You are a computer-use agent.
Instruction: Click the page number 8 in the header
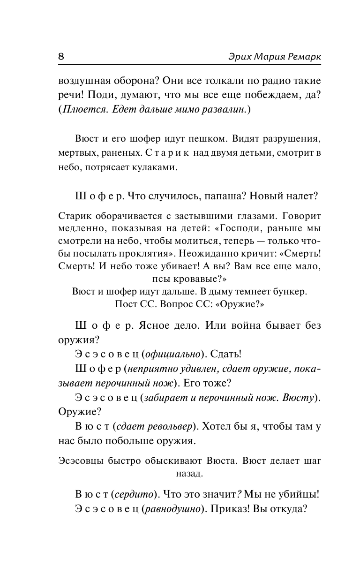tap(61, 56)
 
